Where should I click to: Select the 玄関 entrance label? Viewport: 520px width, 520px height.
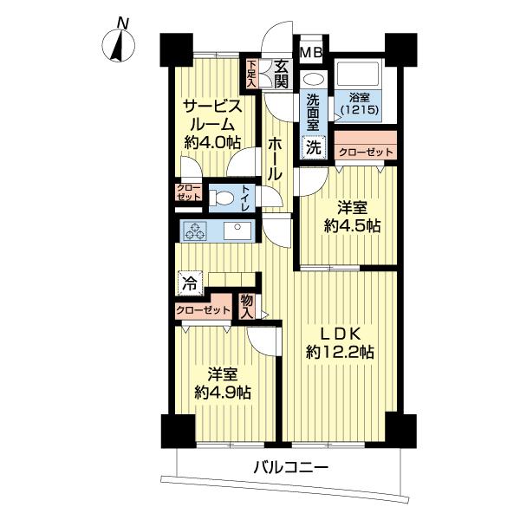[281, 74]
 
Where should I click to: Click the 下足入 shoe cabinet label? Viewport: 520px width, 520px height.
[251, 74]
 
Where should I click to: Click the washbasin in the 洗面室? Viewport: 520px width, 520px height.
[311, 79]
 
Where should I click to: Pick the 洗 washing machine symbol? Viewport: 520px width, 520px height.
[314, 147]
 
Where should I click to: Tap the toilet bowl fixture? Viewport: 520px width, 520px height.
[222, 198]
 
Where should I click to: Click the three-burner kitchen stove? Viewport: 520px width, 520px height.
[196, 231]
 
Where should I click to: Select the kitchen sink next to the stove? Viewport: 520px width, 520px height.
[235, 231]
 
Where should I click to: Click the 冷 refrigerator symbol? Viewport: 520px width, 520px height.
[188, 282]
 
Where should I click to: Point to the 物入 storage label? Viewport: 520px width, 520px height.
[248, 305]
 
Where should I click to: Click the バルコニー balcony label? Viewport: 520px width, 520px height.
[290, 468]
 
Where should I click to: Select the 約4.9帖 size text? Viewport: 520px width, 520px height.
[223, 392]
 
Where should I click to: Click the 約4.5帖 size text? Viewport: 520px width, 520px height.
[352, 226]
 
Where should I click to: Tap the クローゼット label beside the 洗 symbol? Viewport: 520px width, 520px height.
[365, 152]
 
